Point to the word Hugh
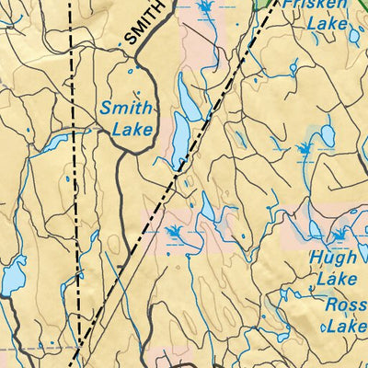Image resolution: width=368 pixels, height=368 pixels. point(332,259)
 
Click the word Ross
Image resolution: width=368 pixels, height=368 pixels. point(344,304)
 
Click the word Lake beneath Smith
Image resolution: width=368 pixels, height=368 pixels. point(132,130)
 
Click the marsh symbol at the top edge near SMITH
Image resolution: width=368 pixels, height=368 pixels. point(204,10)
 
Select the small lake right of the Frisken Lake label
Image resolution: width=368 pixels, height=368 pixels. point(354,37)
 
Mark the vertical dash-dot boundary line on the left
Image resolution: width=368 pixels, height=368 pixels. point(76,184)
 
